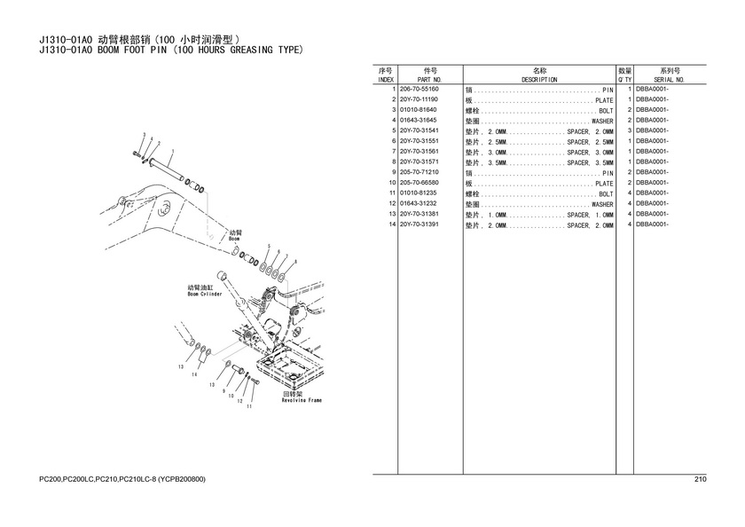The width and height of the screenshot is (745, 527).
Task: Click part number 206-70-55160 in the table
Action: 419,89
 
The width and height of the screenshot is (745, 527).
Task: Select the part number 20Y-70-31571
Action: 419,162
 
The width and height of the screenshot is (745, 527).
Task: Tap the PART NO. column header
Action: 429,80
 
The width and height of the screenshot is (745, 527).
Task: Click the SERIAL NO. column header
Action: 669,80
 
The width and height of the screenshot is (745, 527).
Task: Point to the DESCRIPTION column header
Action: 539,80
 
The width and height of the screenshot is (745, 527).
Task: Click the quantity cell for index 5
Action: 630,130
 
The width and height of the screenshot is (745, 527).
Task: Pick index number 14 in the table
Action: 392,224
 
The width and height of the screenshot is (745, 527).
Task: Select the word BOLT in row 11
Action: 606,194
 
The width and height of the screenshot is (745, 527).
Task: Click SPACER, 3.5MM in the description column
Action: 590,162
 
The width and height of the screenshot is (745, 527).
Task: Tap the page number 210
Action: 701,479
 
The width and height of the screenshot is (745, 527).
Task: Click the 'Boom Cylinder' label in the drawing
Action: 205,294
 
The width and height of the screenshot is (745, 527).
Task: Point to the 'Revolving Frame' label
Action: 302,400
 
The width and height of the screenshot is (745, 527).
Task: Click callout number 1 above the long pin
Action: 172,151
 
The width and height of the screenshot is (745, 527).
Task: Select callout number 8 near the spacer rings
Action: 295,262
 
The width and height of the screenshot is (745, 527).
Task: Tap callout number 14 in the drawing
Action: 194,374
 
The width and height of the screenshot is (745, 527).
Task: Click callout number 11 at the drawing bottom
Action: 249,406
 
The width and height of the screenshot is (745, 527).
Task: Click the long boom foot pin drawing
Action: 167,169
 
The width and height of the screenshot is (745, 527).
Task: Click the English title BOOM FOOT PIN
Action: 132,50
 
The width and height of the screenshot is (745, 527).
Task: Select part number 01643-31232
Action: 418,203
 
